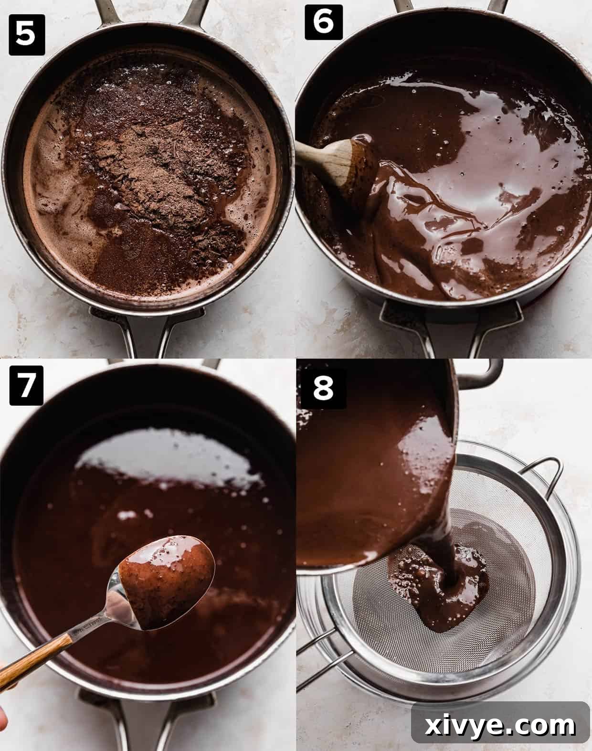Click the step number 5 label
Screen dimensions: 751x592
click(26, 35)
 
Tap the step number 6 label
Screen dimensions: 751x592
click(324, 21)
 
